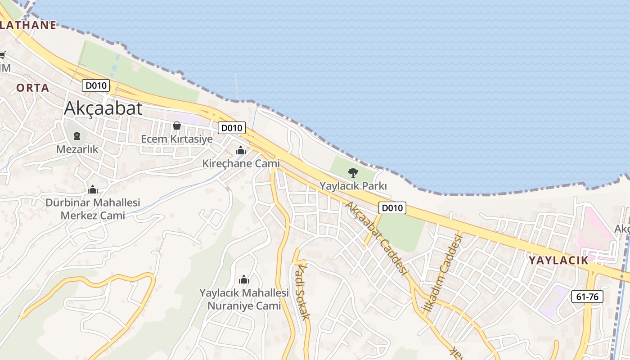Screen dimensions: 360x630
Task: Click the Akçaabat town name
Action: pos(103,108)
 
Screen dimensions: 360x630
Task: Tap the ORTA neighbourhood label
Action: pos(33,88)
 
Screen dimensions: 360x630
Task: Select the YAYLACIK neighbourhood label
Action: pos(558,260)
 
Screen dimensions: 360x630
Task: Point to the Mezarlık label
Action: pos(77,149)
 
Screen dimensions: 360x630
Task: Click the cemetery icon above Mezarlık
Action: pos(77,135)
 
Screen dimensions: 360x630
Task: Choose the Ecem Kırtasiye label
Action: pos(177,139)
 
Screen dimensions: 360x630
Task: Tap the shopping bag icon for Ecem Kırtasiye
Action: pos(177,126)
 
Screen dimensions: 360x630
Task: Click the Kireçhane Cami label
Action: pos(241,164)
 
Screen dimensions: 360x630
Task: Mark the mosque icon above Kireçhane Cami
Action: pos(241,150)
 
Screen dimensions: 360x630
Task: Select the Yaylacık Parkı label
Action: pos(353,185)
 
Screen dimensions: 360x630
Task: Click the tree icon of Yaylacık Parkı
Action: pos(353,172)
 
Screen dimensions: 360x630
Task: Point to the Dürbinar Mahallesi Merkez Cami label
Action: pos(93,209)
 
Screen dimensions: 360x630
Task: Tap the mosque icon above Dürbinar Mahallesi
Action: pos(93,189)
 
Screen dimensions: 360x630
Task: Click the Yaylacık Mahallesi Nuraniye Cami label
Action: pos(244,299)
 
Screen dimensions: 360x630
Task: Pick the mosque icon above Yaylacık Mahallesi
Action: pos(244,280)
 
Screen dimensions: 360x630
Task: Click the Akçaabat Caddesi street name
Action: pos(376,238)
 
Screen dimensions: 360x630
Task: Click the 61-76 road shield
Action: pos(587,297)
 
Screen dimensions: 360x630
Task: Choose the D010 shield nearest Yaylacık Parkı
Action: pos(392,208)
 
